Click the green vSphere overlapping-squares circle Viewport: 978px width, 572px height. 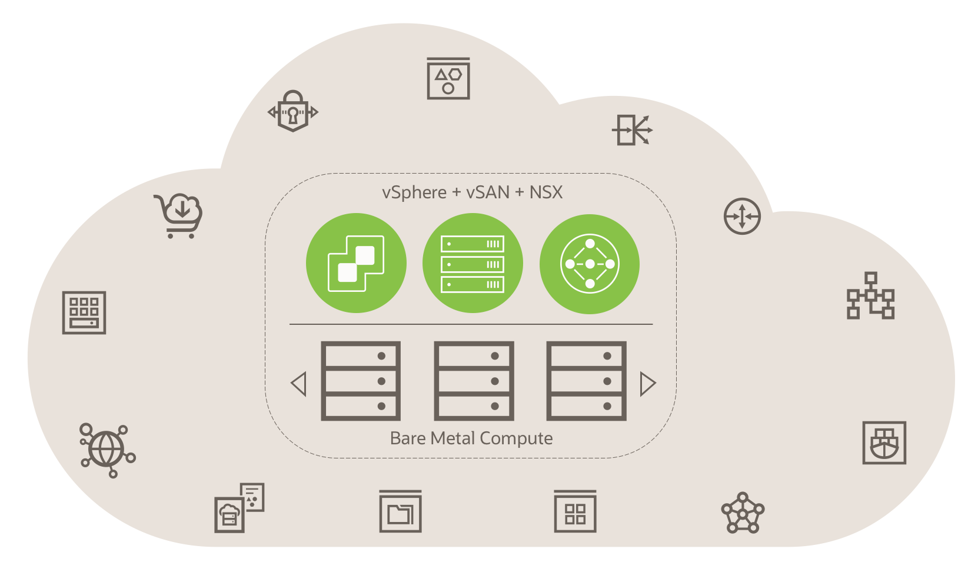click(356, 263)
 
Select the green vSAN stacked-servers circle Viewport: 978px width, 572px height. click(473, 263)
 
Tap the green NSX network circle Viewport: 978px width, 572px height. click(590, 264)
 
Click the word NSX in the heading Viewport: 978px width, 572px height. click(545, 192)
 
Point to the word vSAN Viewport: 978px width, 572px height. click(488, 192)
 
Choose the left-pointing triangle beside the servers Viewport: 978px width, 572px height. click(299, 384)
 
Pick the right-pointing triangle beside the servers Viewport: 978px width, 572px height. click(647, 384)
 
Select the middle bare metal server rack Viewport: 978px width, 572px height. click(474, 381)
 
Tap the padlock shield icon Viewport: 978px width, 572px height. click(293, 111)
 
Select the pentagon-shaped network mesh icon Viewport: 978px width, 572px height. click(743, 513)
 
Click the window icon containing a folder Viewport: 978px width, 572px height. click(400, 511)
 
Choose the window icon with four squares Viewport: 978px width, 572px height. click(575, 511)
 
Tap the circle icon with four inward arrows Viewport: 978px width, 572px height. click(742, 216)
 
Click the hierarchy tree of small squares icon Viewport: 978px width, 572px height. click(870, 295)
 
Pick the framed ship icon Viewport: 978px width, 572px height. click(884, 443)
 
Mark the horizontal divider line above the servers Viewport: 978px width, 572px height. click(471, 324)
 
